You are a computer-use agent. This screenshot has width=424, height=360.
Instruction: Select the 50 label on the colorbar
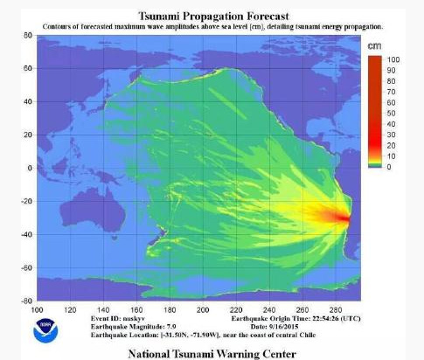[x=393, y=112]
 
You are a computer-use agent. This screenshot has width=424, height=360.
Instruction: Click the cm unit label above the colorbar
[x=374, y=45]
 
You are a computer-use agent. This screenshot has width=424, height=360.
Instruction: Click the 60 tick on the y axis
[x=28, y=68]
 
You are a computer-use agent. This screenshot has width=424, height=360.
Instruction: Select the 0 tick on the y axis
[x=30, y=167]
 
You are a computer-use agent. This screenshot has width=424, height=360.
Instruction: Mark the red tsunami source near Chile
[x=346, y=218]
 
